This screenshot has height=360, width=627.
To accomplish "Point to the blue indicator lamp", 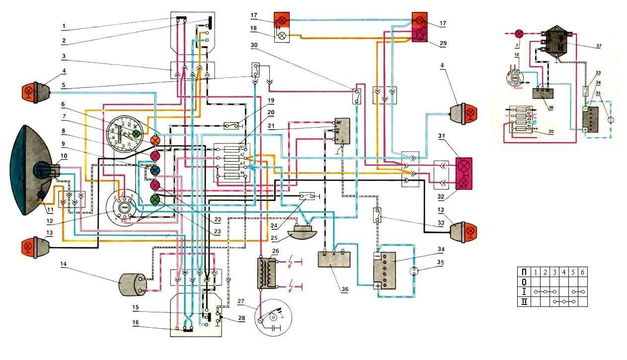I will tap(155, 171).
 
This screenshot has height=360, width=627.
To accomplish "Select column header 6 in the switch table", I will tap(582, 272).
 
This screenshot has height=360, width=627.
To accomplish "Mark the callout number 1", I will tap(64, 24).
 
